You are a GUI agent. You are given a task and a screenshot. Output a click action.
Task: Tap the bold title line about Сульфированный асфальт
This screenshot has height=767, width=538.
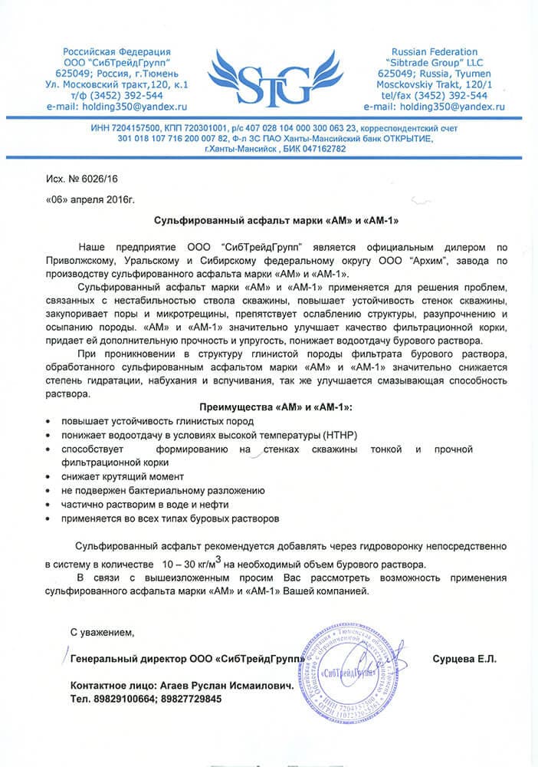(269, 219)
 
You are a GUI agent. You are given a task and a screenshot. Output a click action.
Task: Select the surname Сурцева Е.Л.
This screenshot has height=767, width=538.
(464, 659)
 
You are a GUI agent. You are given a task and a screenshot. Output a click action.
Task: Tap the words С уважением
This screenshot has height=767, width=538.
(102, 633)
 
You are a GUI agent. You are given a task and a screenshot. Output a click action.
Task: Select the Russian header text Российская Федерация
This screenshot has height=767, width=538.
(113, 51)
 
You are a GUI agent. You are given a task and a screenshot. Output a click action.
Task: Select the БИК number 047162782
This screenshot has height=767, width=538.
(316, 148)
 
